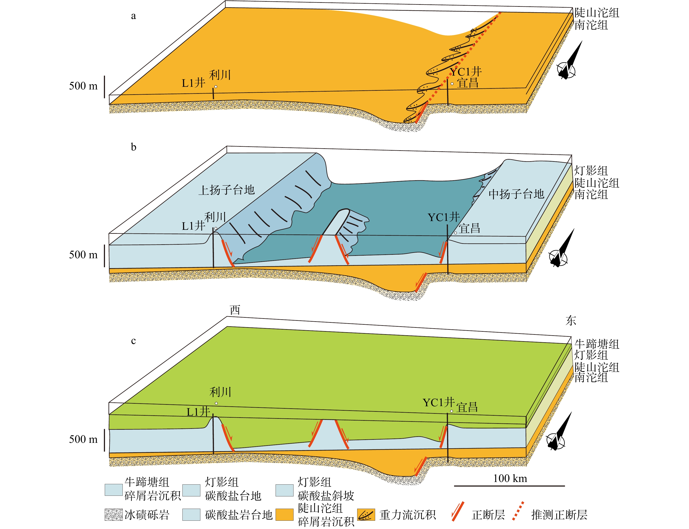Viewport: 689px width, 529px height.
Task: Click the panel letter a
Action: (133, 16)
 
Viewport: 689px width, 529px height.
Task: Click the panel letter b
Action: (133, 147)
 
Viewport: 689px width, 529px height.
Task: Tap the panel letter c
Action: (133, 341)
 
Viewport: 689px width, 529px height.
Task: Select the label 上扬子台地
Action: (226, 190)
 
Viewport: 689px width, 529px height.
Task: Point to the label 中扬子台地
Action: (516, 194)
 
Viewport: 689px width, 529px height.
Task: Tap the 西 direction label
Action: (235, 310)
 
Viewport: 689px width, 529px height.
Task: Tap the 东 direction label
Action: (571, 321)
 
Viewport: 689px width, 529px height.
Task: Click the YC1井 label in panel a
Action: (466, 72)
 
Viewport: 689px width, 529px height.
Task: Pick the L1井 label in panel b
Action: (193, 226)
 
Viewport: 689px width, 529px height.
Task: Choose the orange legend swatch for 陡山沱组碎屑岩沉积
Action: (284, 515)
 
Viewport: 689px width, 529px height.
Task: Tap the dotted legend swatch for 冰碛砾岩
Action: (113, 515)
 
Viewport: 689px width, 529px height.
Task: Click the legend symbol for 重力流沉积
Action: (366, 515)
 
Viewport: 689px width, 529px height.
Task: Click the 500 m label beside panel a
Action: (84, 86)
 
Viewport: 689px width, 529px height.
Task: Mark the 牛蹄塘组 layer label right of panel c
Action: (596, 344)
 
